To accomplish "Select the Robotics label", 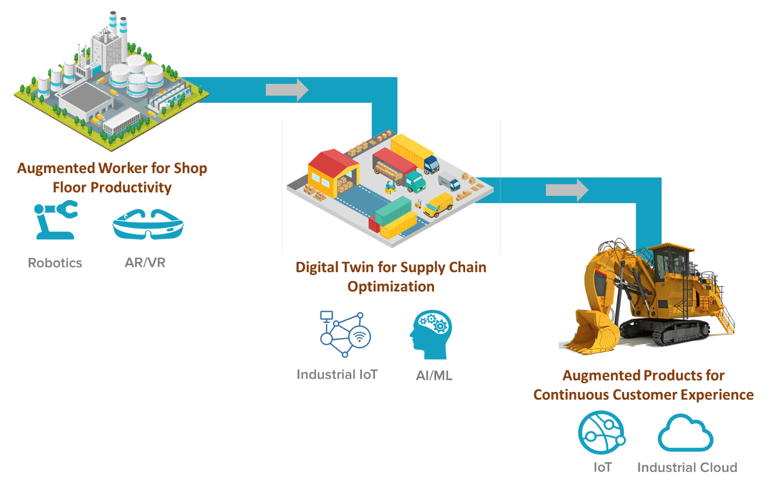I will click(55, 263).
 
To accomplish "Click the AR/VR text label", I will click(145, 263).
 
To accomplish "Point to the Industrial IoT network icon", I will click(345, 333).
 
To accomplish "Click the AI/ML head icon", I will click(431, 334).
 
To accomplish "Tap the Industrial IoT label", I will click(337, 374).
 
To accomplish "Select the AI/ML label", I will click(434, 375).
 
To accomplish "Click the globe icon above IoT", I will click(601, 433).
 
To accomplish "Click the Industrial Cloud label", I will click(687, 467).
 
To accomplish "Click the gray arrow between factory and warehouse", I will click(287, 89).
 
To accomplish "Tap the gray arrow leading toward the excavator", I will click(567, 190).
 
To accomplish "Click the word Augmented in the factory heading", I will click(56, 168).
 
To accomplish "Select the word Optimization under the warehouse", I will click(391, 287).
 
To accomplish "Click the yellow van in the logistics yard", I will click(439, 205).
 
